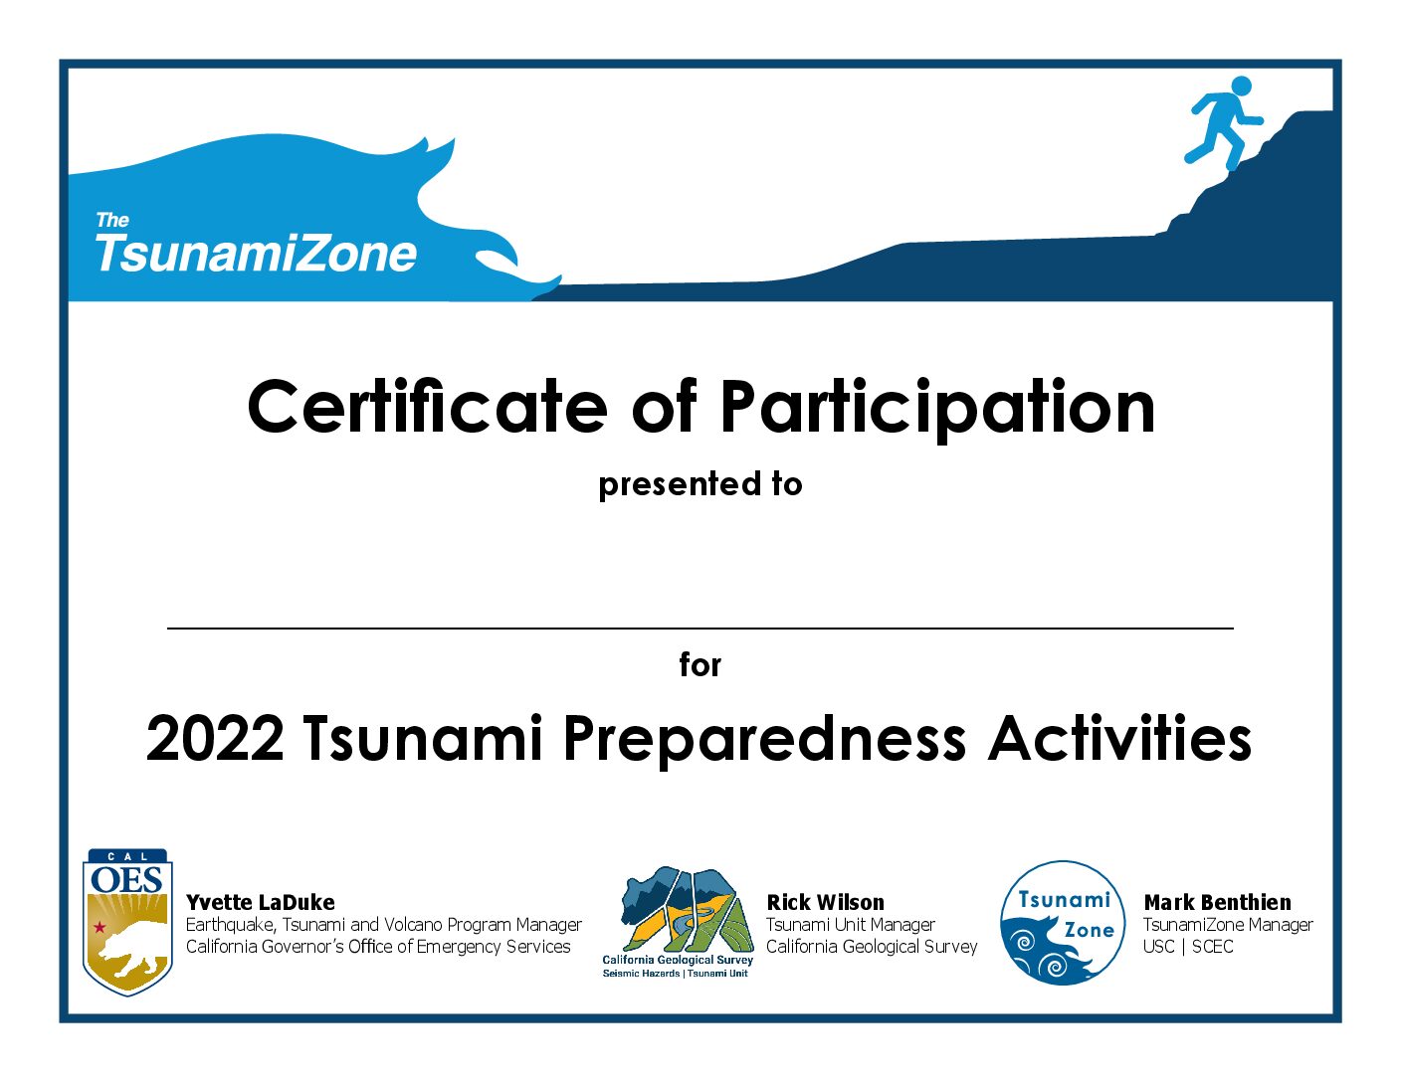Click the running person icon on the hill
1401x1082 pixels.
pyautogui.click(x=1224, y=122)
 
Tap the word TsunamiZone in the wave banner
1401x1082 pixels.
pyautogui.click(x=256, y=253)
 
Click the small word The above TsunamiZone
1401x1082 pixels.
pyautogui.click(x=112, y=220)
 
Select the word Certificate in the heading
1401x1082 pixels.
pyautogui.click(x=427, y=408)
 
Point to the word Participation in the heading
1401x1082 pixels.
pyautogui.click(x=936, y=410)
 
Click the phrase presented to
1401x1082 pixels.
pyautogui.click(x=700, y=484)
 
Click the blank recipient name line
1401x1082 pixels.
pyautogui.click(x=700, y=628)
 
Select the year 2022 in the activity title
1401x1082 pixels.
pyautogui.click(x=215, y=739)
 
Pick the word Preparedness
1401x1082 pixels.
pyautogui.click(x=764, y=741)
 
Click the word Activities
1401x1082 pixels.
pyautogui.click(x=1119, y=738)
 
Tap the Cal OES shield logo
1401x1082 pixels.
pyautogui.click(x=127, y=922)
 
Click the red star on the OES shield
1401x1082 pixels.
pyautogui.click(x=100, y=927)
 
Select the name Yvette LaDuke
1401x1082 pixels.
pyautogui.click(x=261, y=902)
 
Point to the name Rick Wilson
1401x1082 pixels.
pyautogui.click(x=825, y=902)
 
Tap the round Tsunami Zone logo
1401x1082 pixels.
pyautogui.click(x=1063, y=923)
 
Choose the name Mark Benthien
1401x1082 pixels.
pyautogui.click(x=1217, y=902)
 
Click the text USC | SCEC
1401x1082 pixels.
pyautogui.click(x=1188, y=946)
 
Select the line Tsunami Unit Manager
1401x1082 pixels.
pyautogui.click(x=851, y=925)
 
